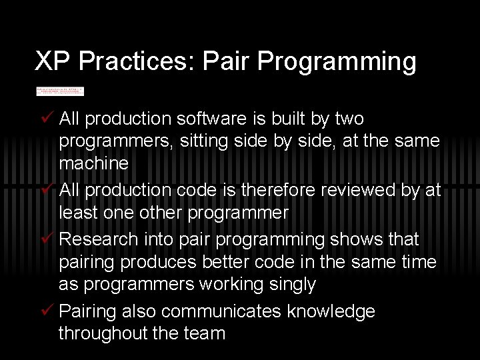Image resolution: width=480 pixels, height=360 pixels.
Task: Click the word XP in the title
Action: pyautogui.click(x=53, y=62)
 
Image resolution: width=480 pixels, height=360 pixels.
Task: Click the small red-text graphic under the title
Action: pyautogui.click(x=60, y=91)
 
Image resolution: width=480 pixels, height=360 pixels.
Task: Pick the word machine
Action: pyautogui.click(x=93, y=163)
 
